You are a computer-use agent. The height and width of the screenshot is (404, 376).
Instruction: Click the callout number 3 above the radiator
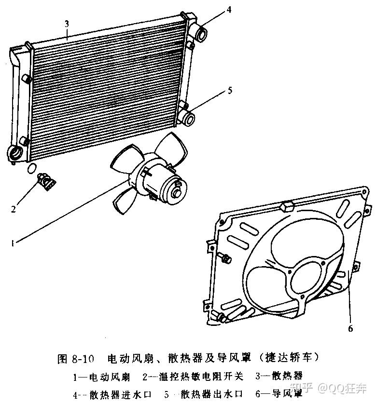67,24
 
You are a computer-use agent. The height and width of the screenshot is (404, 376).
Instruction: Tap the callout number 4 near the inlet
229,10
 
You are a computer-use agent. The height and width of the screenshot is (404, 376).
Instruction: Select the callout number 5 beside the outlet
230,91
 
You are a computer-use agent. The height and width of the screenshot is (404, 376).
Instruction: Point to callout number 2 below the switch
14,209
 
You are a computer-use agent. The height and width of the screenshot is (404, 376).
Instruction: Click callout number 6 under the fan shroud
350,328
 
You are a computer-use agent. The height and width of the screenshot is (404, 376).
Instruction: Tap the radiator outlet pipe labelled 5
188,118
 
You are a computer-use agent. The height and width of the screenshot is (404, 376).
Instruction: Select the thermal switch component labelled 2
47,181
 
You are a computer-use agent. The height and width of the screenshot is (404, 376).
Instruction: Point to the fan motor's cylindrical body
165,186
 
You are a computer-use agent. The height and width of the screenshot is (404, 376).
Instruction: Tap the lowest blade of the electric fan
124,200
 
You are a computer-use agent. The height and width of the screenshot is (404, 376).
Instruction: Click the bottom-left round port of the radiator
14,153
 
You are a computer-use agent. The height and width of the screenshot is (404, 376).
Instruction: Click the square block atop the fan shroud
287,206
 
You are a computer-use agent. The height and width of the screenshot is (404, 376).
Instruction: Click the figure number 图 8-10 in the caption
76,358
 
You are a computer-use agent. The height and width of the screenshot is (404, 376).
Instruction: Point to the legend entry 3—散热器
279,376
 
